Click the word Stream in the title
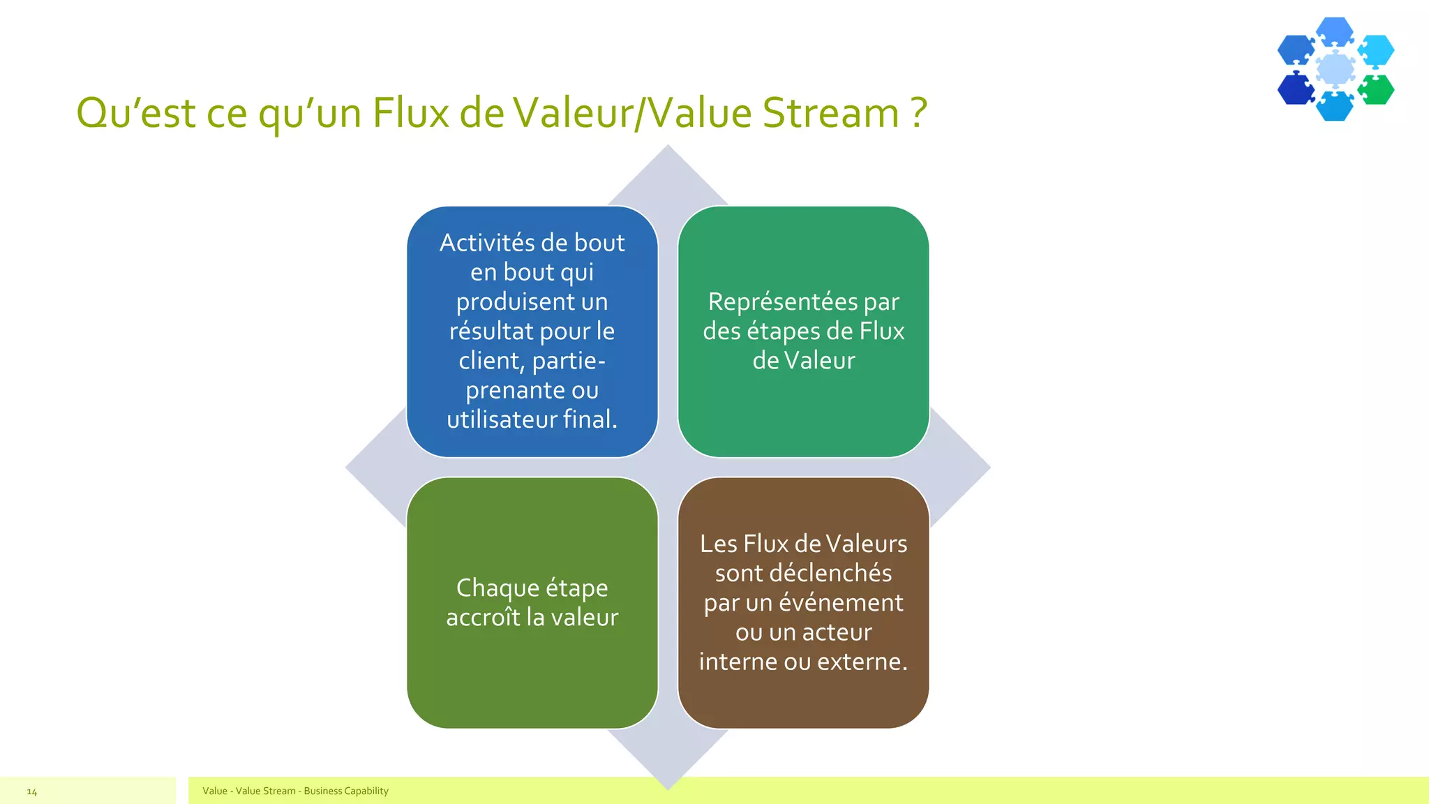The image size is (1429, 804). point(830,113)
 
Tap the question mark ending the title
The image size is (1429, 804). point(919,113)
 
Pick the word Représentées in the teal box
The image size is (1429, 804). point(782,301)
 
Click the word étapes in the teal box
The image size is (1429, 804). point(783,332)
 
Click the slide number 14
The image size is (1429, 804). point(32,791)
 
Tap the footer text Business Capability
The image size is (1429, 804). point(346,791)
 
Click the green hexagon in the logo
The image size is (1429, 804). point(1377,89)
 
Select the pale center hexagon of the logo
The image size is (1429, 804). point(1336,69)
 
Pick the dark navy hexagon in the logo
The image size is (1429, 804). point(1296,89)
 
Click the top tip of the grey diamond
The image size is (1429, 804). point(668,148)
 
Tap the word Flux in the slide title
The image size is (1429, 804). point(410,113)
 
